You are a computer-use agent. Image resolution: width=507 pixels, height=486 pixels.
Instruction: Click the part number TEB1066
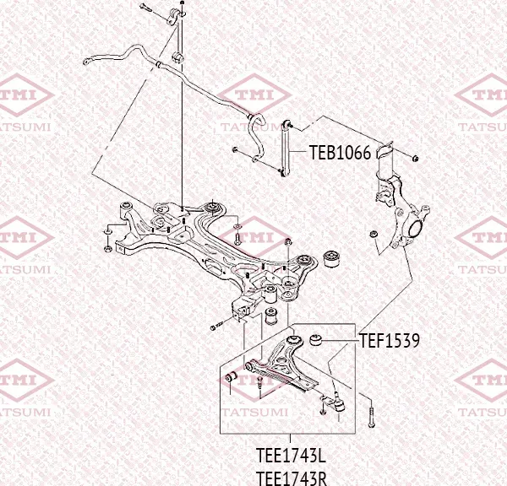341,153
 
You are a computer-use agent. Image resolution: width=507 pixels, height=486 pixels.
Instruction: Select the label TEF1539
390,340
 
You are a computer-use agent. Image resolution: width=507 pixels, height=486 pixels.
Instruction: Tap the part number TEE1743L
291,455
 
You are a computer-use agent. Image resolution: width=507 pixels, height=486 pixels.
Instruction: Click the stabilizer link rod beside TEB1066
286,148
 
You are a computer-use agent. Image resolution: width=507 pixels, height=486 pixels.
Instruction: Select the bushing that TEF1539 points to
315,340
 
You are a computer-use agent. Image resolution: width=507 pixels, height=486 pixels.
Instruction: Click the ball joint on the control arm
338,402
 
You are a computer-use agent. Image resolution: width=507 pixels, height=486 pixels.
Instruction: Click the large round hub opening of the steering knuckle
415,229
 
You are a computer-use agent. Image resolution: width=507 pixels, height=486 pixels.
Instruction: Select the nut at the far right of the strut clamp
416,158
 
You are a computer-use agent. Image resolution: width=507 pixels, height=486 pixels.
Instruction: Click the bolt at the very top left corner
146,7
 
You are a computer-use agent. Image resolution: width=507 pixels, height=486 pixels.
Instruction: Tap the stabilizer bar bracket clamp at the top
175,18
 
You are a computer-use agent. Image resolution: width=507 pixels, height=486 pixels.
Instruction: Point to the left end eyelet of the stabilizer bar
86,62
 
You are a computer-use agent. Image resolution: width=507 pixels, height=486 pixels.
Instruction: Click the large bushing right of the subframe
332,259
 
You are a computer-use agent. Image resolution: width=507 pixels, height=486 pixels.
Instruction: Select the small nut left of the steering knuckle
373,234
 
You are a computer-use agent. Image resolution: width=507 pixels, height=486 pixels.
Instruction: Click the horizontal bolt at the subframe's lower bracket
217,326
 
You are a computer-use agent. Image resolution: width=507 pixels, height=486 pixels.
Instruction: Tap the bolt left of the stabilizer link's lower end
235,149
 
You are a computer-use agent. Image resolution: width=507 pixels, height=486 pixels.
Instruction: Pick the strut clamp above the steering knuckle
384,151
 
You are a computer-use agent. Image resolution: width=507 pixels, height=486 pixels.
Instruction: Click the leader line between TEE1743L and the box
290,438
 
